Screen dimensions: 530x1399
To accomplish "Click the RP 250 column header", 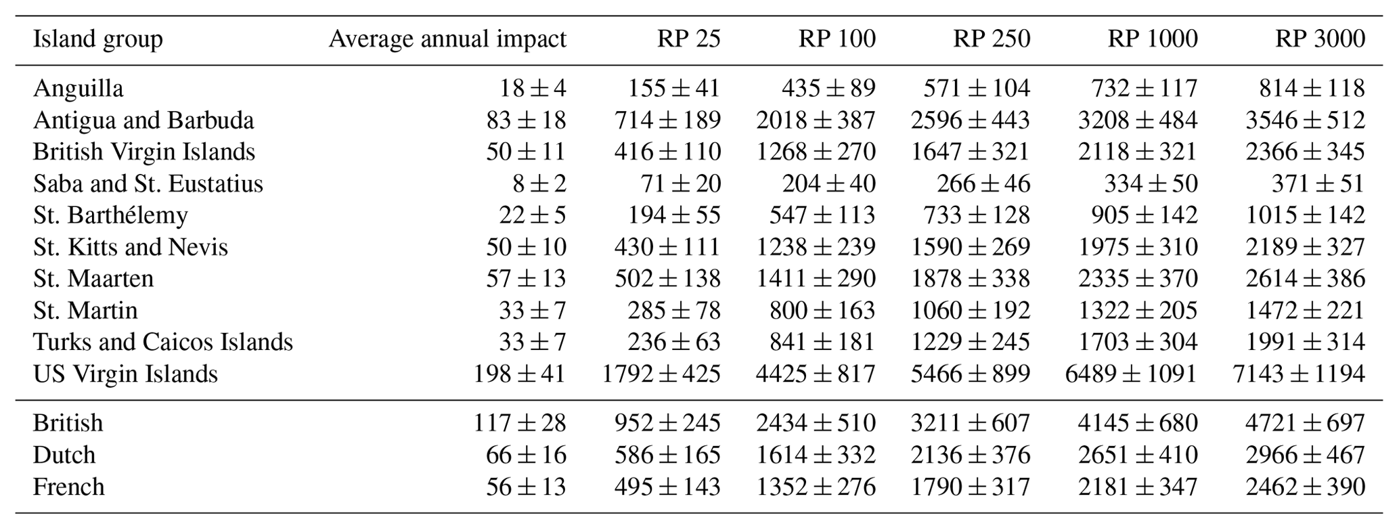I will coord(992,39).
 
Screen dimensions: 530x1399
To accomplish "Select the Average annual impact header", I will coord(447,39).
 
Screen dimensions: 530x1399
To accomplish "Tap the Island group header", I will coord(97,39).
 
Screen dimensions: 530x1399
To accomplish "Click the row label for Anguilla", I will coord(78,88).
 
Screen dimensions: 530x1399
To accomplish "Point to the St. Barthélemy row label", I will coord(110,215).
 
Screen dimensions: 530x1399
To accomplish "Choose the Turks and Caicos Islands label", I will coord(162,342).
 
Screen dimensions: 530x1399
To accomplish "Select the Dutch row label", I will coord(64,455).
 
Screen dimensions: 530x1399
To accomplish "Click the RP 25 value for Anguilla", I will coord(674,88).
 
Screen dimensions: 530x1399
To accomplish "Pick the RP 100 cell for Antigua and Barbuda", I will coord(816,120).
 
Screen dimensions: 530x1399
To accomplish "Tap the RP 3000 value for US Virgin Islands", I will coord(1299,374).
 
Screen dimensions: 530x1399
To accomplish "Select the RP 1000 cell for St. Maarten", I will coord(1138,278).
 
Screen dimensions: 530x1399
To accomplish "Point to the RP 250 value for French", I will coord(970,487).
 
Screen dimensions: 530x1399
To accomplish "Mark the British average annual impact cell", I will coord(519,423).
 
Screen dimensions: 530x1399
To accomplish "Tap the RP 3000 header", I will coord(1320,39).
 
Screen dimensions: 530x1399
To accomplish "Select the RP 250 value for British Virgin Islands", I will coord(970,152).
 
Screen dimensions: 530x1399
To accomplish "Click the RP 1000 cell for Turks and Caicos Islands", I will coord(1138,342).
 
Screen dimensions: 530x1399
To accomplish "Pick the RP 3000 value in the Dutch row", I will coord(1305,455).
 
